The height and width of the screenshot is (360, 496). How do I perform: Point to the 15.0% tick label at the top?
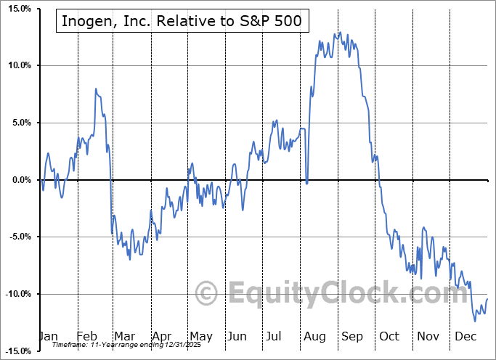click(x=16, y=9)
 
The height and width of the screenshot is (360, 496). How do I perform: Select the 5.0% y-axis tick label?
click(x=18, y=123)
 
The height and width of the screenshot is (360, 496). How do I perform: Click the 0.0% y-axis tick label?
click(x=18, y=180)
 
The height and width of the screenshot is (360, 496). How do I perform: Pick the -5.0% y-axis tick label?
click(x=17, y=237)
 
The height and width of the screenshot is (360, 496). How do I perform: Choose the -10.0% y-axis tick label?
click(x=15, y=294)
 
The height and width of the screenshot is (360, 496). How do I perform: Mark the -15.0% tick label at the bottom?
click(x=15, y=351)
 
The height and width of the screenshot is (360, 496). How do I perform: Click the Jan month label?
click(x=48, y=336)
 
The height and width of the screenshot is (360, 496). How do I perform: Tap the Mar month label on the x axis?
click(x=125, y=336)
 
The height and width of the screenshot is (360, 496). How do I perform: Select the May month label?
click(x=201, y=336)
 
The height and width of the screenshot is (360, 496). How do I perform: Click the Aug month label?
click(x=315, y=336)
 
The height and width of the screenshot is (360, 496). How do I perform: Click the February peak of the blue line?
click(x=96, y=89)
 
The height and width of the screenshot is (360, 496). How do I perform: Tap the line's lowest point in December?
click(x=475, y=321)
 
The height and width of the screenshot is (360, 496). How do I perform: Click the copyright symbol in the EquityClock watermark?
click(x=208, y=294)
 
